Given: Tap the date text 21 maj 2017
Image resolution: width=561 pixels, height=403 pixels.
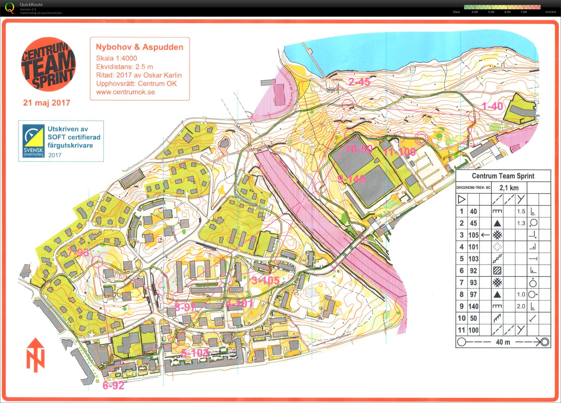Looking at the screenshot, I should tap(47, 103).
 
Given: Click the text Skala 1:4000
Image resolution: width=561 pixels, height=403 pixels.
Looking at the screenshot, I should tap(116, 58).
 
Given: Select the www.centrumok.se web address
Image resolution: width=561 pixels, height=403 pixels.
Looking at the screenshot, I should tap(125, 92).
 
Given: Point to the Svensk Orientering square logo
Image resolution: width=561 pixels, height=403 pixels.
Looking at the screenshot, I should tap(33, 141).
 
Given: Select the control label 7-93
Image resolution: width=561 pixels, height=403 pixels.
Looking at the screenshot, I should tap(78, 252).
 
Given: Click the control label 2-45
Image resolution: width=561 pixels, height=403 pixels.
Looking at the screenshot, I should tap(359, 82).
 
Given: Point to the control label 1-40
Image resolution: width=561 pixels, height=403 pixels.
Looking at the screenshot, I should tap(492, 106).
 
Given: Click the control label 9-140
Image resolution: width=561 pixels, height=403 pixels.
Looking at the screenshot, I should tap(351, 179).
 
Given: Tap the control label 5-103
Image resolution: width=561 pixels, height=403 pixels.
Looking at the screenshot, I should tap(195, 353).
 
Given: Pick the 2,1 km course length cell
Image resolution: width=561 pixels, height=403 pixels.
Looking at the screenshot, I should tap(509, 188).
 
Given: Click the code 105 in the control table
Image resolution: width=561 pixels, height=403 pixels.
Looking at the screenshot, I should tap(473, 235).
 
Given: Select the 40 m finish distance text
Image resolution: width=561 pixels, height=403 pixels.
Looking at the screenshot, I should tap(503, 342).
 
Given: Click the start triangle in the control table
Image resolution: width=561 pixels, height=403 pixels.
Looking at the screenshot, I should tap(461, 200).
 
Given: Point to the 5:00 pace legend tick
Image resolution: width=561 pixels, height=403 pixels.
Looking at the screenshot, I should tap(491, 12).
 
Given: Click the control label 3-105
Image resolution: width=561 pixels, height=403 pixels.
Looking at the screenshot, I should tap(265, 280).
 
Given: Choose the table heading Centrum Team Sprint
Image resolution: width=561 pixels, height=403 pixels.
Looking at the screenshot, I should tap(503, 176).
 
